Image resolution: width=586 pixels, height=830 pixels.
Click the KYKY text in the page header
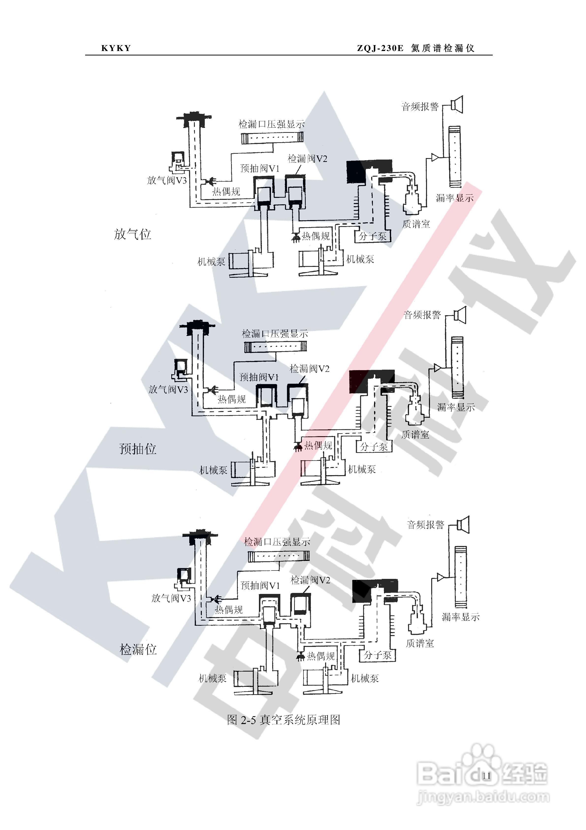[x=116, y=48]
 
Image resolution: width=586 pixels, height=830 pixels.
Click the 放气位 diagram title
[x=132, y=234]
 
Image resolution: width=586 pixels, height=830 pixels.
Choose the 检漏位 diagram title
[x=138, y=649]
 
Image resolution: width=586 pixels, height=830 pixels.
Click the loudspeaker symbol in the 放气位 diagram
[x=457, y=104]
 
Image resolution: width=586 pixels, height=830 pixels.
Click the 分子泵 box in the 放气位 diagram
[x=373, y=236]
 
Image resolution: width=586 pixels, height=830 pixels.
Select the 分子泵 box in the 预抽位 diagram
[x=374, y=447]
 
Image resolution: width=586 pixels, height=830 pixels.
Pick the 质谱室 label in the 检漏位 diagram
[x=420, y=643]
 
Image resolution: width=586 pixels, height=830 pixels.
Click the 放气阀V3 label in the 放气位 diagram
[x=167, y=180]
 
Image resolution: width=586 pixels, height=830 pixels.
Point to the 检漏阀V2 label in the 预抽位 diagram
[x=309, y=369]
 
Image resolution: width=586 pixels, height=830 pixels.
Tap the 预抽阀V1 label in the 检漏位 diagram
[x=260, y=585]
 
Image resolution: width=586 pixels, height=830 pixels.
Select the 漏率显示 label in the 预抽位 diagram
[x=456, y=407]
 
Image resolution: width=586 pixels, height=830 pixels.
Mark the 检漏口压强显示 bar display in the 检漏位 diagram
[x=278, y=556]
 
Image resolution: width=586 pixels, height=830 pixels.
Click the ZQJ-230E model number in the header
[x=380, y=48]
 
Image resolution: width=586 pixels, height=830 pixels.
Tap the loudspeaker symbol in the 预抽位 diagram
[x=460, y=314]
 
